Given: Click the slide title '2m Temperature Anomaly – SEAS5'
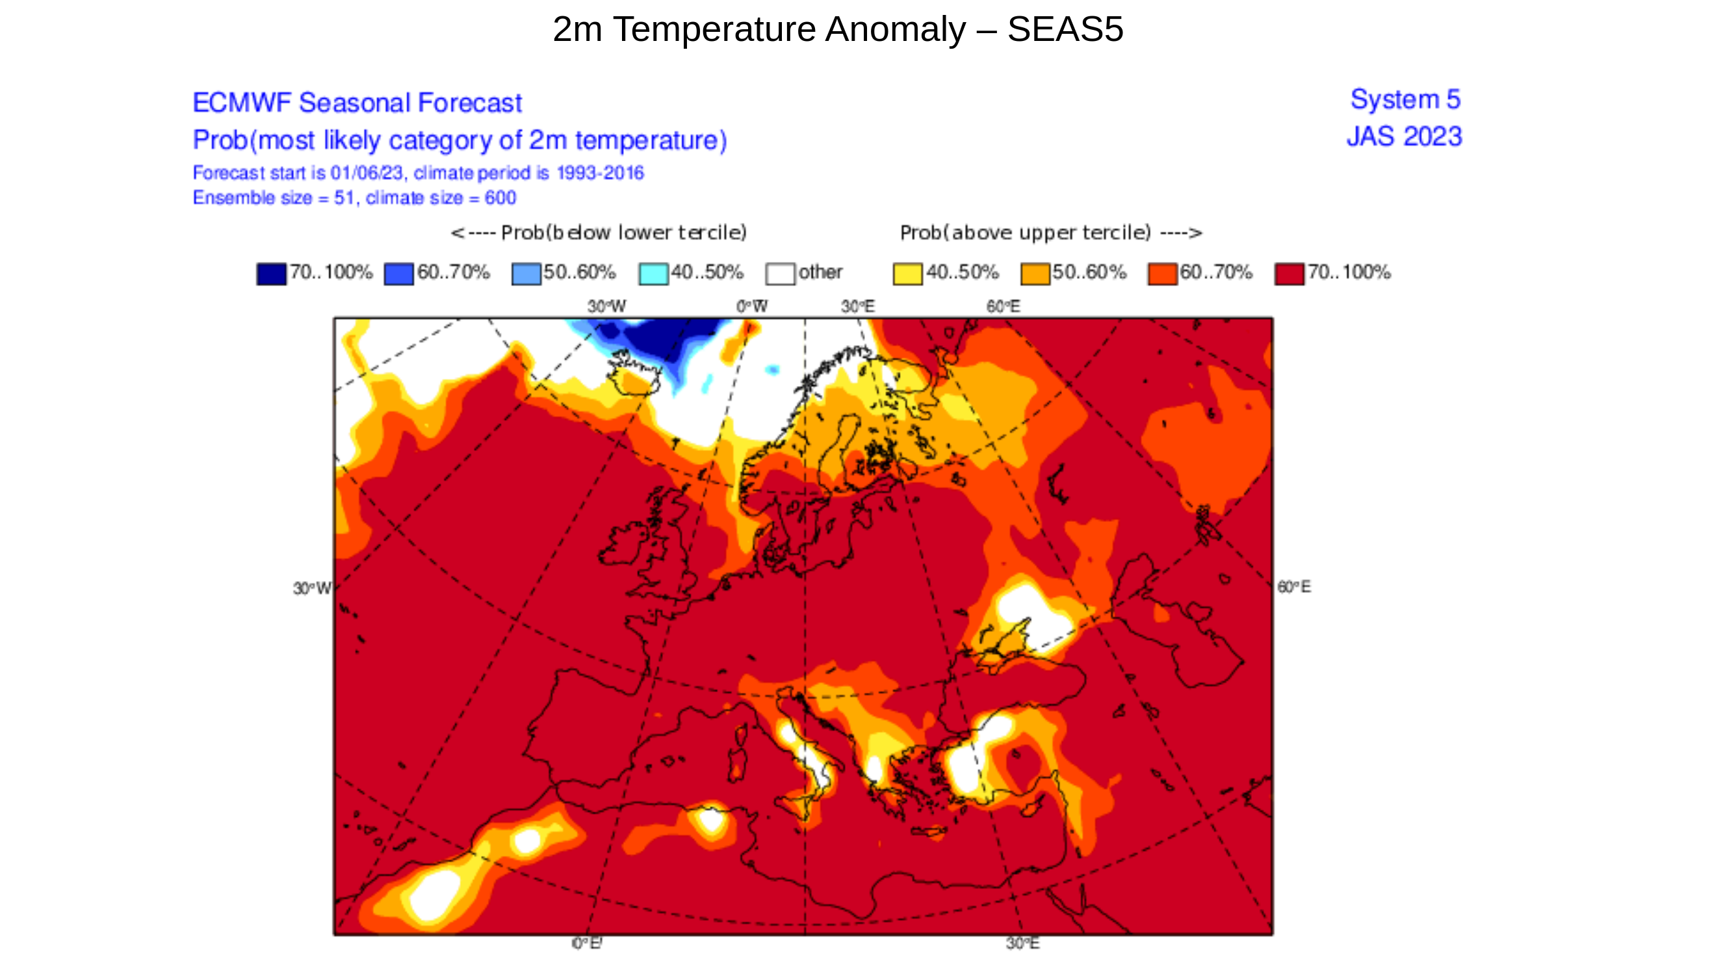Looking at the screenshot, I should click(x=837, y=29).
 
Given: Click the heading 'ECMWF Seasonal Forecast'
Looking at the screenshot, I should click(x=357, y=103).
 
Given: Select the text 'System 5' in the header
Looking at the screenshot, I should click(x=1405, y=99).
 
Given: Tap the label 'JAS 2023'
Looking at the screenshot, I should click(x=1404, y=136).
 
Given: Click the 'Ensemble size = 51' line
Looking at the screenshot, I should click(x=354, y=198).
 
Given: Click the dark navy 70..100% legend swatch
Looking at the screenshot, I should click(x=271, y=274).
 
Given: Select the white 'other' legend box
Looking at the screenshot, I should click(x=780, y=274).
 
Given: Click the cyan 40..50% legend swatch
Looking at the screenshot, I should click(x=653, y=274).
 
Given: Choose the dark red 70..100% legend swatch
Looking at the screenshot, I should click(x=1289, y=274).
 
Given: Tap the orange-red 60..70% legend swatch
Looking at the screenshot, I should click(x=1162, y=274).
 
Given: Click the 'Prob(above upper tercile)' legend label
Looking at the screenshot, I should click(x=1050, y=233).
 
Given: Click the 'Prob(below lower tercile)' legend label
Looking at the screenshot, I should click(x=599, y=233).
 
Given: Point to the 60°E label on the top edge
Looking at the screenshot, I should click(x=1003, y=306).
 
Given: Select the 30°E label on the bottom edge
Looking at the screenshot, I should click(x=1022, y=943).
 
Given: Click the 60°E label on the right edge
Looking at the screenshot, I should click(x=1293, y=586).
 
